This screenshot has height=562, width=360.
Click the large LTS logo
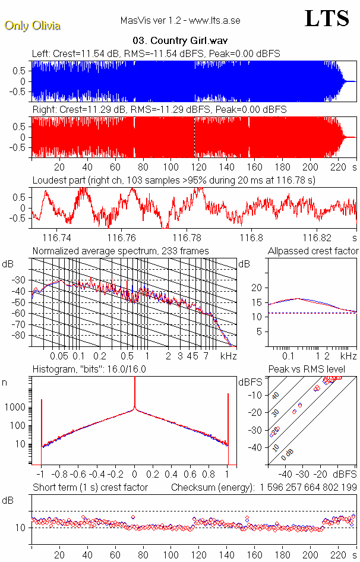click(x=327, y=19)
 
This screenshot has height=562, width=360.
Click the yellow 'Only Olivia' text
click(x=32, y=26)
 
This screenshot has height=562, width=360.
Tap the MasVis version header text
click(x=180, y=21)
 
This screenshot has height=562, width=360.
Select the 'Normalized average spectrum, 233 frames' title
click(x=121, y=251)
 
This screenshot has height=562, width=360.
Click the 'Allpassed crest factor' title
click(x=313, y=251)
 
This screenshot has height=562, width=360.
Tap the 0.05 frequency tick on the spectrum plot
click(x=59, y=356)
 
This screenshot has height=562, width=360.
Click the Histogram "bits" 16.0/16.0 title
click(x=89, y=369)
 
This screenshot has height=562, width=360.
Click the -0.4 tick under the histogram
click(x=97, y=475)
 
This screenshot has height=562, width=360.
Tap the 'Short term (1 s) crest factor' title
click(x=90, y=487)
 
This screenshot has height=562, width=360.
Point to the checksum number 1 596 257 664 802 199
click(x=308, y=487)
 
